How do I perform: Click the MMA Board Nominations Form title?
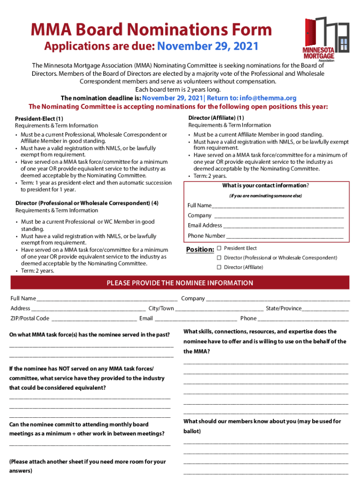(151, 30)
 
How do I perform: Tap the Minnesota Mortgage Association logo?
(326, 40)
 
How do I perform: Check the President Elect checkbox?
(219, 248)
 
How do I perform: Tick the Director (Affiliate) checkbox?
(219, 267)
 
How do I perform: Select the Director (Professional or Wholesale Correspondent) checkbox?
(219, 258)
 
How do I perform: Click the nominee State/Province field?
(325, 309)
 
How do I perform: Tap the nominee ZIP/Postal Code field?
(94, 319)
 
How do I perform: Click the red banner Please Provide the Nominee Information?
(180, 283)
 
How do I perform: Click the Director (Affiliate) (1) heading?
(216, 118)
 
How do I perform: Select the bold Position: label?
(200, 250)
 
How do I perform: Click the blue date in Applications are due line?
(208, 47)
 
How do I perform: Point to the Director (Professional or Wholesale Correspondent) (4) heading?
(86, 203)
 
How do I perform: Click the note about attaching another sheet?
(87, 466)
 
